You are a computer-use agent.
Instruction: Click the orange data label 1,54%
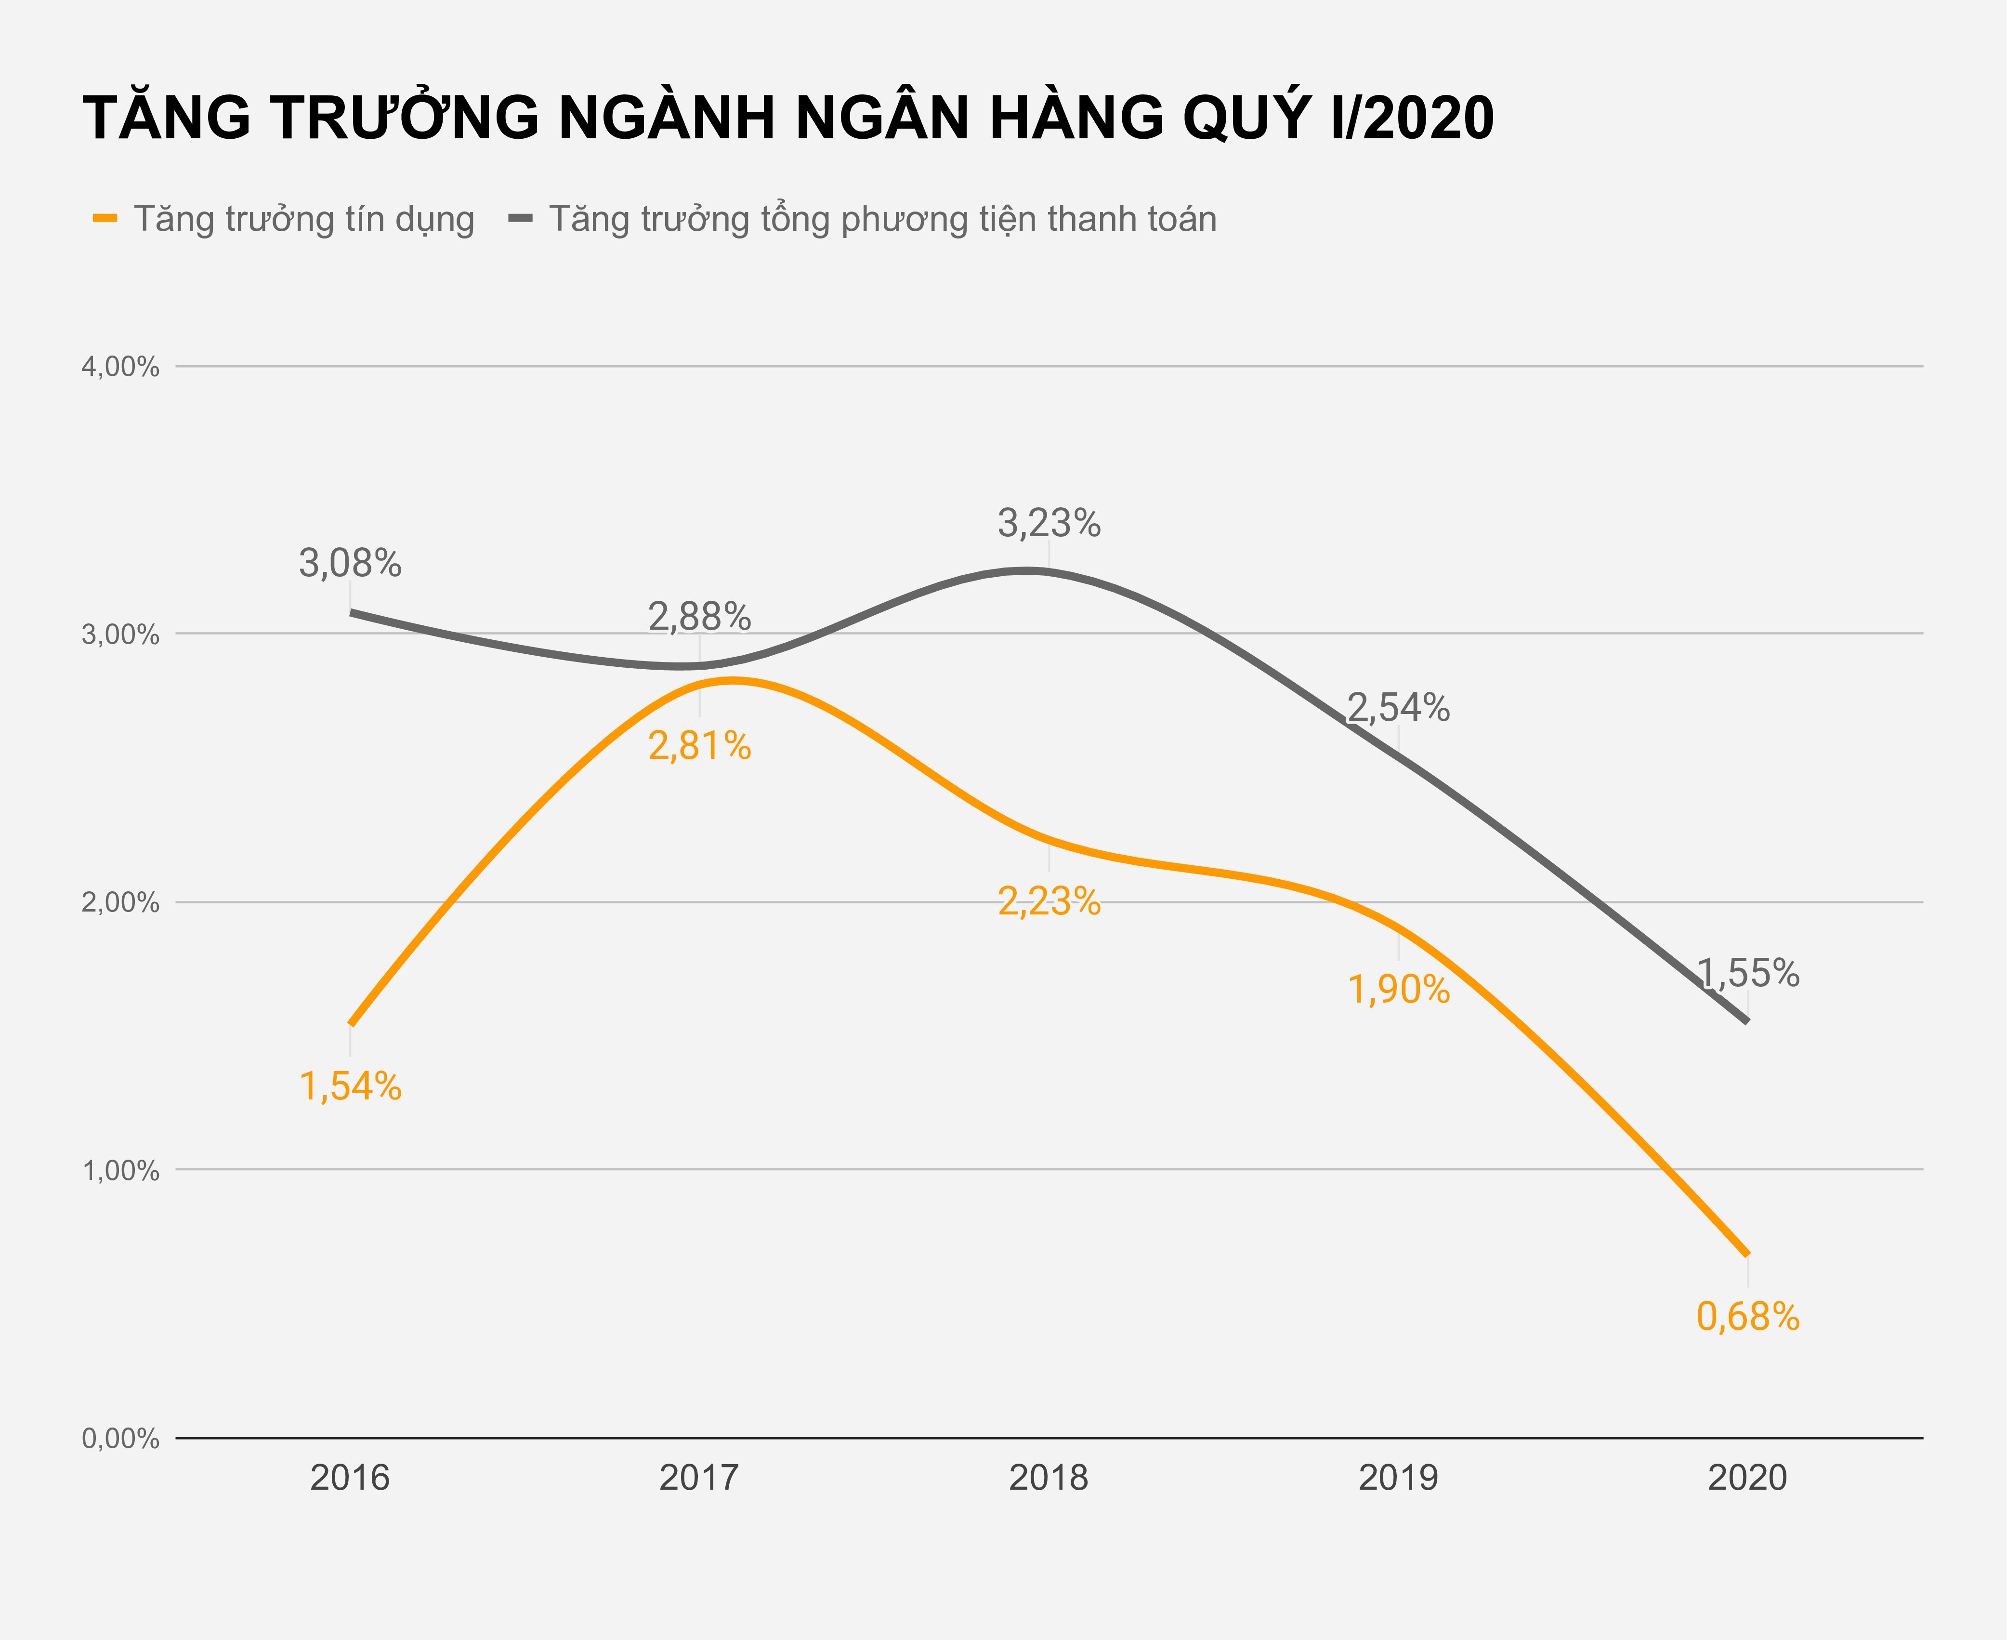[x=351, y=1087]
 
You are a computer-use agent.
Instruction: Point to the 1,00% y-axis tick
[x=120, y=1171]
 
